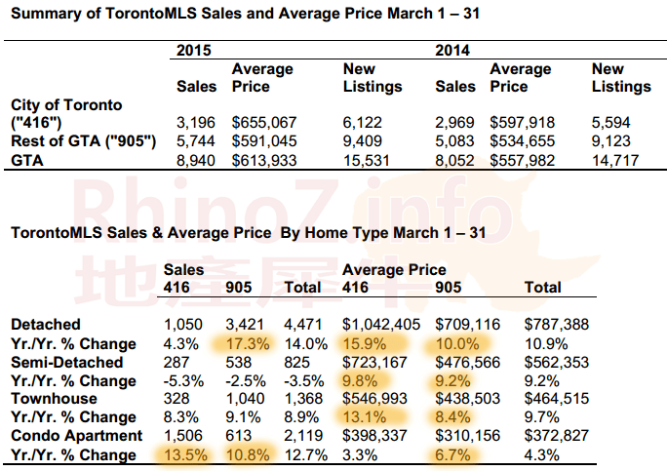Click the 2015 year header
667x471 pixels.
tap(195, 50)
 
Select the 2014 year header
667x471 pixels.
tap(453, 50)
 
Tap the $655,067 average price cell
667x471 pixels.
tap(262, 123)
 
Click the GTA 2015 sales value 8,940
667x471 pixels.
tap(197, 160)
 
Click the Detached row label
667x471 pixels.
tap(45, 324)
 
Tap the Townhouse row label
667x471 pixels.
tap(53, 398)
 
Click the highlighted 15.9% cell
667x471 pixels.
tap(364, 342)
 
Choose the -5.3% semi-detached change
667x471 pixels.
tap(182, 379)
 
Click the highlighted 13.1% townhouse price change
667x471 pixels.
tap(364, 416)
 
